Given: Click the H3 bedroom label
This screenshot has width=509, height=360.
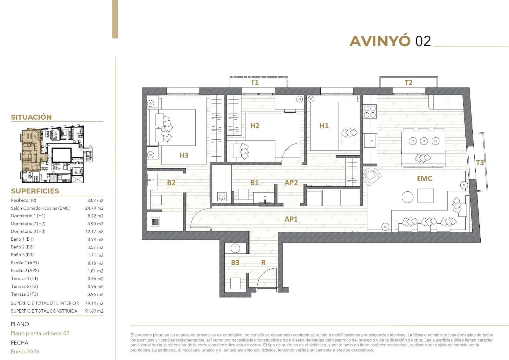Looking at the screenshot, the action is (x=184, y=155).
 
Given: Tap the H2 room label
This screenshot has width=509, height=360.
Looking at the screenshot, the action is (x=255, y=126).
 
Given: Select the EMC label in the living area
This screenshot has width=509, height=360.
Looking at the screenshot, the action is (x=424, y=179).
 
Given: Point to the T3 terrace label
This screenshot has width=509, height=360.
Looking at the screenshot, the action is (x=480, y=163).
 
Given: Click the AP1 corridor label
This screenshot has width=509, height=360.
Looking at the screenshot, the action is (x=291, y=219).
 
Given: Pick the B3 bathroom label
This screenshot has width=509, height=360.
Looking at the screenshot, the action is (x=235, y=263).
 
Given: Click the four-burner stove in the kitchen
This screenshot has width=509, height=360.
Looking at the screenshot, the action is (x=370, y=112).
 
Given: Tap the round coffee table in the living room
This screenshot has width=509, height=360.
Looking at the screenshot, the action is (x=408, y=197).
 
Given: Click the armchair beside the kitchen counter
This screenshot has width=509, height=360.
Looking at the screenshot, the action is (x=372, y=176).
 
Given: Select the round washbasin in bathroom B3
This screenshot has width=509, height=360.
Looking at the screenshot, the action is (x=235, y=248).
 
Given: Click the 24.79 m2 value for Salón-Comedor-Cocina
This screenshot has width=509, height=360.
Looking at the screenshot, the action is (x=94, y=208).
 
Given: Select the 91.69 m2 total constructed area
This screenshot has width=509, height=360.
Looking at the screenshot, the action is (x=94, y=311).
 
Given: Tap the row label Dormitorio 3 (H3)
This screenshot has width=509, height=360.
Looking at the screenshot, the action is (x=28, y=231).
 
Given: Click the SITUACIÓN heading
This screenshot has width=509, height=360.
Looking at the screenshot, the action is (x=31, y=117).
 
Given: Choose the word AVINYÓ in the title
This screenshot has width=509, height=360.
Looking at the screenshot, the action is (x=380, y=41).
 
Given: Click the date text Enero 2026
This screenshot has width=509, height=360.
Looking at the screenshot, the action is (x=25, y=352).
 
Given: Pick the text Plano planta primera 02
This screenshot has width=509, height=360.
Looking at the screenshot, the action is (x=40, y=333).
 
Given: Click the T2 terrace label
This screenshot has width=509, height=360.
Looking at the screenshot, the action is (x=408, y=82).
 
